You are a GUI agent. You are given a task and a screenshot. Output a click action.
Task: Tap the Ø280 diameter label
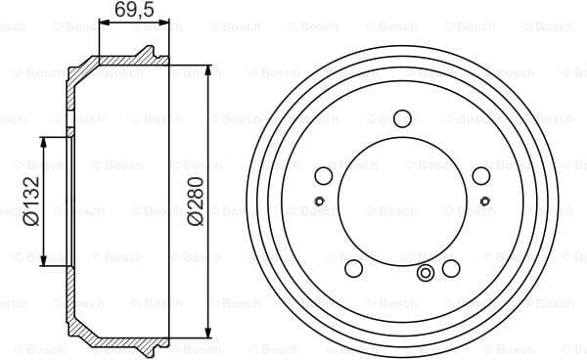click(x=196, y=202)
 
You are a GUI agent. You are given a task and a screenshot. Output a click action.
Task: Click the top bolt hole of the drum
click(x=402, y=118)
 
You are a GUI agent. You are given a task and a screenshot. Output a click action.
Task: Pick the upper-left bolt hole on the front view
click(x=324, y=176)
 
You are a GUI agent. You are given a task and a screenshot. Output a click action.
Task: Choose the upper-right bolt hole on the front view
click(x=480, y=176)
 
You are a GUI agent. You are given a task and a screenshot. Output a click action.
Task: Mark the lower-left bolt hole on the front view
click(x=354, y=268)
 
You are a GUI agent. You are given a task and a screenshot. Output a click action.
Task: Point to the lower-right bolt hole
click(x=451, y=268)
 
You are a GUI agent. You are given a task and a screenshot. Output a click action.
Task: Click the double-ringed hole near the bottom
click(x=426, y=273)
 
